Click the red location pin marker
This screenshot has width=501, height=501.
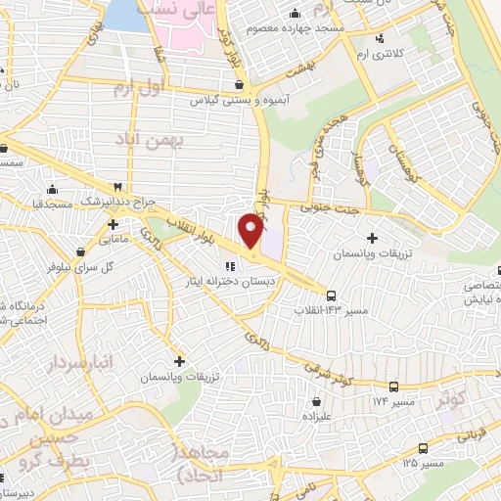(x=252, y=232)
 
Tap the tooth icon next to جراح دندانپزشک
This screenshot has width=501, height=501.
(x=118, y=185)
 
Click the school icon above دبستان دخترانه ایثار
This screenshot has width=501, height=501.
(x=232, y=265)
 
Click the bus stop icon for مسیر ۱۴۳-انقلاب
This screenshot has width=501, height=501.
(x=333, y=295)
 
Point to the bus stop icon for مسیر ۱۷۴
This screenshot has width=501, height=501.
(x=393, y=387)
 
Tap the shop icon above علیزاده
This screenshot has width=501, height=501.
(x=316, y=400)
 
